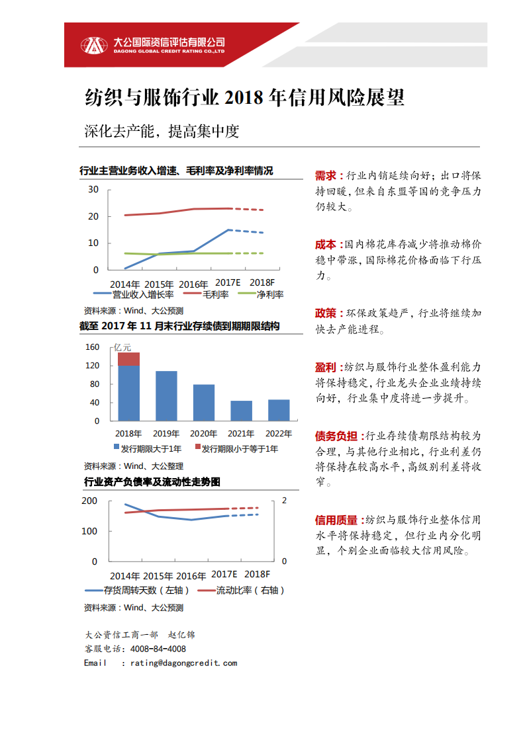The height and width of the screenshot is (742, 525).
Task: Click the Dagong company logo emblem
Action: [x=93, y=45]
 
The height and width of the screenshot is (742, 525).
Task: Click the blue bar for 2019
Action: [x=166, y=395]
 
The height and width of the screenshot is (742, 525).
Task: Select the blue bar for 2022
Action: [x=279, y=410]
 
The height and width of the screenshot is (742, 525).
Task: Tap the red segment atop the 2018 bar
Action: [x=128, y=359]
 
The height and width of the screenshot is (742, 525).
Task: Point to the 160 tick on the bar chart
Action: [x=92, y=347]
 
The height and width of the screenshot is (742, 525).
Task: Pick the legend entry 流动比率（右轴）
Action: [x=241, y=591]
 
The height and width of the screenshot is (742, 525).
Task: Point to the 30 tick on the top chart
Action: [x=93, y=190]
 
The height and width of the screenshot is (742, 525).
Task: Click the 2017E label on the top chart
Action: [x=229, y=282]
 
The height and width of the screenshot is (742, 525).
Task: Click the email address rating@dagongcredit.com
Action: [x=183, y=663]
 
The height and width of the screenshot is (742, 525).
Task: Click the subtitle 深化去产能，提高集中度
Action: [x=162, y=131]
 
